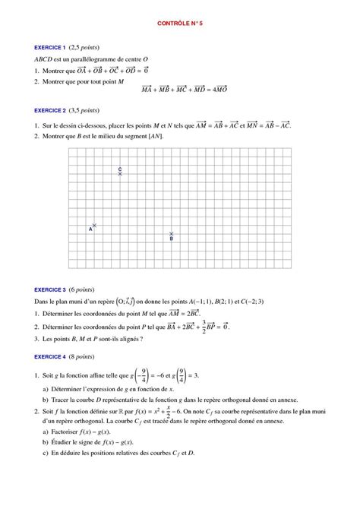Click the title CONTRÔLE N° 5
pyautogui.click(x=180, y=24)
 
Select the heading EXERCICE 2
pyautogui.click(x=51, y=109)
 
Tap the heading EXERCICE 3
pyautogui.click(x=51, y=289)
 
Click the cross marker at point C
pyautogui.click(x=120, y=174)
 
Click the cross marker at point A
pyautogui.click(x=94, y=225)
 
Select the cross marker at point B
pyautogui.click(x=172, y=233)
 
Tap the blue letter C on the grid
pyautogui.click(x=120, y=168)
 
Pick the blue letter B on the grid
pyautogui.click(x=172, y=239)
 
